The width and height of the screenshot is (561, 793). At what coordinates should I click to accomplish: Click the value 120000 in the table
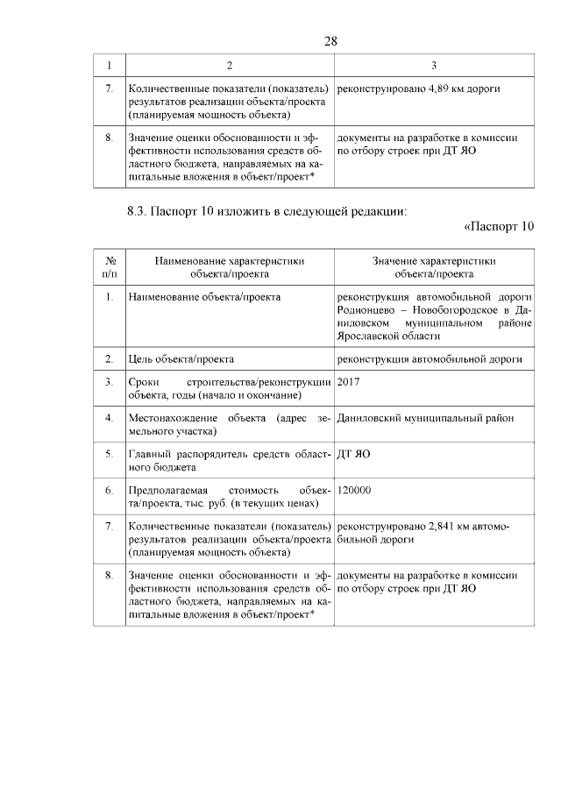[x=354, y=490]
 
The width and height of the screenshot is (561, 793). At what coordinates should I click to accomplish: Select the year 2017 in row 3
[x=348, y=382]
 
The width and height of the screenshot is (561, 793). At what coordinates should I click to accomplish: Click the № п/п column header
[x=111, y=266]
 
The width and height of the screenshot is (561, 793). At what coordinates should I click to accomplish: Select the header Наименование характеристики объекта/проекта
[x=229, y=266]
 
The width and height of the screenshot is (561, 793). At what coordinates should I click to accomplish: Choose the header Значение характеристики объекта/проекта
[x=434, y=266]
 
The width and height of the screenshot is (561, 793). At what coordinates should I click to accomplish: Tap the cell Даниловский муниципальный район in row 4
[x=425, y=418]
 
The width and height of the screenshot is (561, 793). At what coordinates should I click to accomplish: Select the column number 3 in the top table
[x=434, y=66]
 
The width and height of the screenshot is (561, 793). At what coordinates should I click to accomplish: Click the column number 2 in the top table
[x=229, y=66]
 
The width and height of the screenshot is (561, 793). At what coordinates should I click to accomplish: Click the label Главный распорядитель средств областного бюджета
[x=228, y=460]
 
